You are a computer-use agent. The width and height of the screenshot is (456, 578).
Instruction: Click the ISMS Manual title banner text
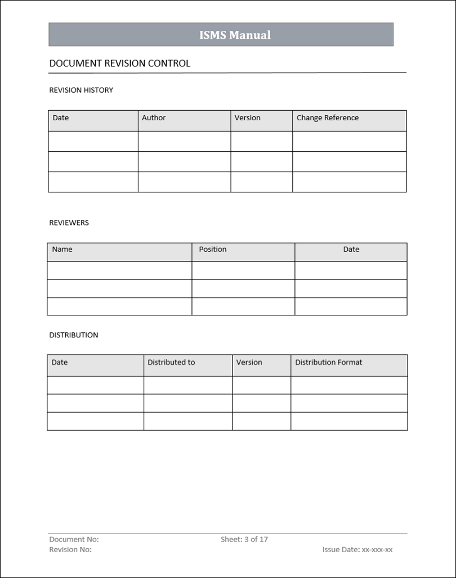(x=235, y=35)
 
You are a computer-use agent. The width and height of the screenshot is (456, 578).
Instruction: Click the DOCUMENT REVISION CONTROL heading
(x=119, y=64)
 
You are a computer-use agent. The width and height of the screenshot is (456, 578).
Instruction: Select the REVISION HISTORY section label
(x=81, y=90)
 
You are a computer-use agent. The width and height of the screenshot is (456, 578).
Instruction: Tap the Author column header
(x=154, y=118)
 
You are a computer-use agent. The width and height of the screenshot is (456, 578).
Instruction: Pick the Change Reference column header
(x=327, y=118)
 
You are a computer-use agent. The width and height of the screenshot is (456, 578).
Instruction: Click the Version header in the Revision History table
(x=247, y=118)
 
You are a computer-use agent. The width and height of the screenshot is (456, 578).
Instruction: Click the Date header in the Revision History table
(x=61, y=118)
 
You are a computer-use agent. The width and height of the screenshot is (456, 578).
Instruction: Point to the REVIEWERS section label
(x=69, y=223)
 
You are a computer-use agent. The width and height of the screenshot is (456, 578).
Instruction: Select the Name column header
(x=62, y=250)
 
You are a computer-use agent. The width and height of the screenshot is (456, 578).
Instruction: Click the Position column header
(x=213, y=250)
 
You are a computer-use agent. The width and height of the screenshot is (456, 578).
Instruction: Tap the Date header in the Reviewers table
(x=351, y=250)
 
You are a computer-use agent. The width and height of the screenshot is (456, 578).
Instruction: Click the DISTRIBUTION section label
(x=74, y=335)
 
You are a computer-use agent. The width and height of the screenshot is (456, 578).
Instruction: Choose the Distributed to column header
(x=171, y=363)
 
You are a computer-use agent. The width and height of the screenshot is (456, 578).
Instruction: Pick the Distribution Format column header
(x=329, y=363)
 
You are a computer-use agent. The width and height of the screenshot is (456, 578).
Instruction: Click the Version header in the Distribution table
(x=249, y=363)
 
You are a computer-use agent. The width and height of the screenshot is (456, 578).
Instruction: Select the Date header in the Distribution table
(x=60, y=363)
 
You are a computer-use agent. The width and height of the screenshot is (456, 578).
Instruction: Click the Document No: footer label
(x=74, y=540)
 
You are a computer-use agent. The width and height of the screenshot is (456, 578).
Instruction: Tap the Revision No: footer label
(x=70, y=550)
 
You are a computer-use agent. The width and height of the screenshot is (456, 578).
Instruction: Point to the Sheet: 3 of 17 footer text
(x=244, y=540)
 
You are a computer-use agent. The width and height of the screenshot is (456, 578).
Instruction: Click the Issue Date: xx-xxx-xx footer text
(x=357, y=550)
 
